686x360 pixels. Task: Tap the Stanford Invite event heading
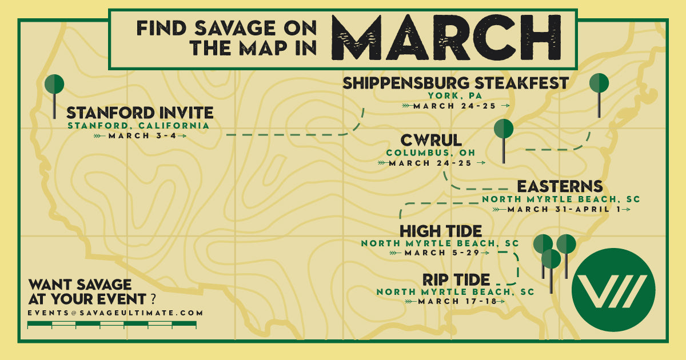click(x=140, y=112)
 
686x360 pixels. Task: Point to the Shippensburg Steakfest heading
click(x=456, y=83)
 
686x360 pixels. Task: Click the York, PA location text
click(x=456, y=95)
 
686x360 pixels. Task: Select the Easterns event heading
click(x=560, y=187)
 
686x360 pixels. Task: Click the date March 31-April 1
click(x=561, y=209)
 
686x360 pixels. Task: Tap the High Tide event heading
click(x=440, y=231)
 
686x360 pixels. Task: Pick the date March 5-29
click(x=439, y=252)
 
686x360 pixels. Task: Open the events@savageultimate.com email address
click(x=115, y=313)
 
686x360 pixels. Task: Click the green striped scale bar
click(x=112, y=325)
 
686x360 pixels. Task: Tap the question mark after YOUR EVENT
click(x=153, y=298)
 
